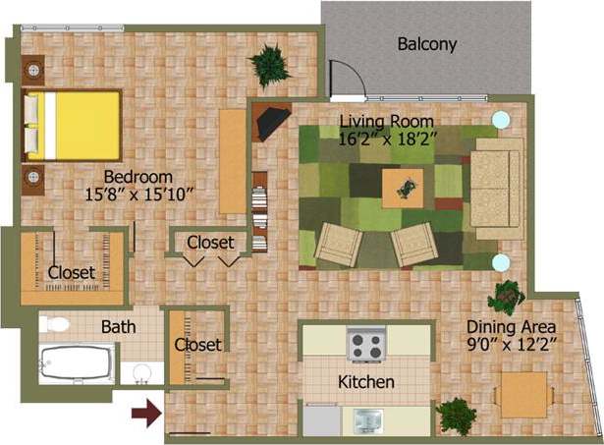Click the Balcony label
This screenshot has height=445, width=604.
click(x=427, y=44)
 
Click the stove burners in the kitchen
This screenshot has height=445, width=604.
click(x=367, y=346)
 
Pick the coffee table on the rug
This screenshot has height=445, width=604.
click(x=403, y=186)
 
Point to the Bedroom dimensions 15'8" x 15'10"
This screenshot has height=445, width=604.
click(x=136, y=194)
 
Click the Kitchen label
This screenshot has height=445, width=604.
click(x=366, y=381)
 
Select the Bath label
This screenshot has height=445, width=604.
click(x=119, y=326)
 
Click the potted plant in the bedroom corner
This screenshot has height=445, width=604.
click(x=269, y=66)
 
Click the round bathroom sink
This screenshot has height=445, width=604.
click(x=144, y=373)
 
